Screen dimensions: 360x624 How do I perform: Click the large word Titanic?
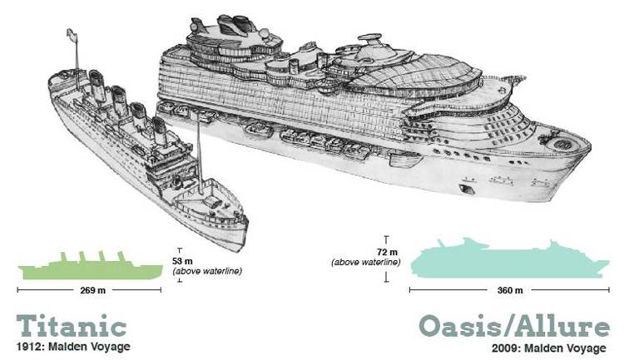72,325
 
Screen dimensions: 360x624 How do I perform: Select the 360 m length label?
508,290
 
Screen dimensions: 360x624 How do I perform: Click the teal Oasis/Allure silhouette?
508,261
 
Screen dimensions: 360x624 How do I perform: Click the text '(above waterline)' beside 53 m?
207,270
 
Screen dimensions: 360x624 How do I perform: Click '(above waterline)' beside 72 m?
366,263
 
